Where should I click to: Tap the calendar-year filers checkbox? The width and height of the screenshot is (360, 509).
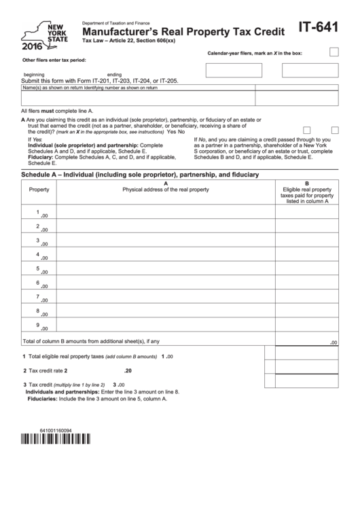click(334, 52)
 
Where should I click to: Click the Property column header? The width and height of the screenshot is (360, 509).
click(39, 189)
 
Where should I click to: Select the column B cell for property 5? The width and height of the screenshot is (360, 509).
click(307, 270)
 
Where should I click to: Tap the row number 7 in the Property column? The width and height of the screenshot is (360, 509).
click(38, 297)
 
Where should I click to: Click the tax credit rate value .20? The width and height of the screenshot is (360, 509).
click(128, 371)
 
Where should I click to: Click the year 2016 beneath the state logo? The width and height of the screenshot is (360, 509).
click(31, 47)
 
